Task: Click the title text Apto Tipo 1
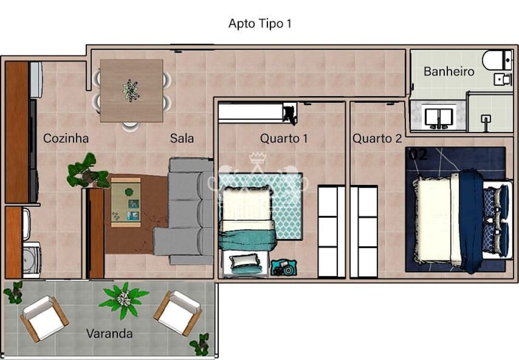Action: [260, 24]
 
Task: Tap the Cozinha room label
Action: [66, 138]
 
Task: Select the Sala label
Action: [182, 138]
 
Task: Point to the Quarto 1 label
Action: [284, 138]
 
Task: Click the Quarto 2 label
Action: [377, 138]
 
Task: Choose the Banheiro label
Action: [449, 72]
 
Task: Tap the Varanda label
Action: [109, 333]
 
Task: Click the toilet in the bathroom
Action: [497, 60]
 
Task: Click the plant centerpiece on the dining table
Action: [131, 90]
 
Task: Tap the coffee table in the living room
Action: [126, 203]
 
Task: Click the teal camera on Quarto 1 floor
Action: [284, 268]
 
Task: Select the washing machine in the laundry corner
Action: [32, 260]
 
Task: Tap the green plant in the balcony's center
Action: [124, 299]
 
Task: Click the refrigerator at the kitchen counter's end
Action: [36, 80]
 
